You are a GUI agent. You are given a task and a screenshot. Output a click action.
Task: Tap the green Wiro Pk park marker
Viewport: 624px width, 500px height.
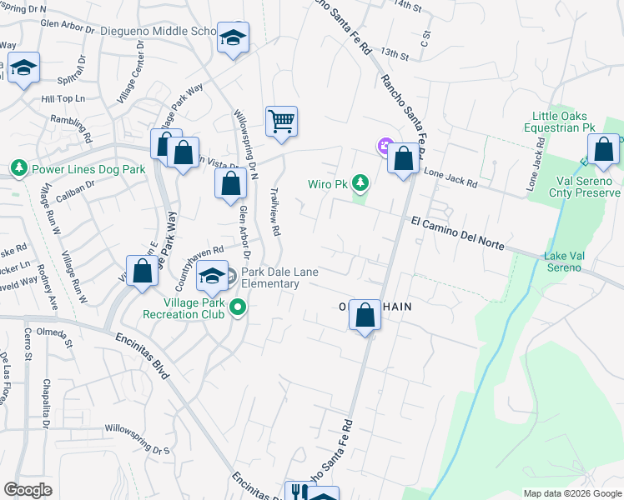[x=360, y=181]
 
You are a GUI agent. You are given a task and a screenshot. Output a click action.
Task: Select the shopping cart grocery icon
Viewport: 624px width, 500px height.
[x=282, y=122]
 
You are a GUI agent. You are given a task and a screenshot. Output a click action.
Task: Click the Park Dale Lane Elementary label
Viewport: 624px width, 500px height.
[x=270, y=277]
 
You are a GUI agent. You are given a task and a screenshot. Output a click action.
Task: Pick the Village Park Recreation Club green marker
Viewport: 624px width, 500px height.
[x=239, y=307]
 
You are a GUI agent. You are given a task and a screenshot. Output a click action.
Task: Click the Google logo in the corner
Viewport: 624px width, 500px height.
[x=28, y=489]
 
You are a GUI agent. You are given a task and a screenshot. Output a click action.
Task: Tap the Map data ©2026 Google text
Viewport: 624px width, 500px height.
[x=572, y=493]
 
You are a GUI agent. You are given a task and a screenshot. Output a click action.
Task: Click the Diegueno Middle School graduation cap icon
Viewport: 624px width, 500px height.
[x=233, y=37]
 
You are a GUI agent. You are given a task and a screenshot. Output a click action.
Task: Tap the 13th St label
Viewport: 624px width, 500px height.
[x=394, y=54]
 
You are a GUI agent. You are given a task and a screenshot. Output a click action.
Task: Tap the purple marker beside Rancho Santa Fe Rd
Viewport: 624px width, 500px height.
[x=385, y=147]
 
